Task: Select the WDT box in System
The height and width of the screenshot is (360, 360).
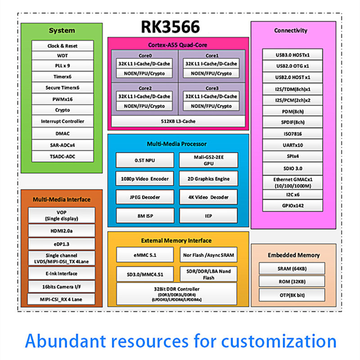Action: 63,56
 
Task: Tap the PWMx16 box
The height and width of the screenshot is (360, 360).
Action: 63,99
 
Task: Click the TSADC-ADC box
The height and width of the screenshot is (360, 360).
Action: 63,157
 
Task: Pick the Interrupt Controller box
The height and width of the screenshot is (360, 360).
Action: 63,121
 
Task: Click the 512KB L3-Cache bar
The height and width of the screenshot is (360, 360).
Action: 178,121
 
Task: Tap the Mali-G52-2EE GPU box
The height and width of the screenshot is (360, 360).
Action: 208,160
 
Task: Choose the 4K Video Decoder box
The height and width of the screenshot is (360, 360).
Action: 208,197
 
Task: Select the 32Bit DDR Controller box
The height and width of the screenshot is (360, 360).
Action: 177,293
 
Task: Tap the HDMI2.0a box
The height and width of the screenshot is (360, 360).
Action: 62,231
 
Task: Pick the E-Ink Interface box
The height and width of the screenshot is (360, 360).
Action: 62,274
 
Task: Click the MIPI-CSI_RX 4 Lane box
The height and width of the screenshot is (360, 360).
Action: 62,299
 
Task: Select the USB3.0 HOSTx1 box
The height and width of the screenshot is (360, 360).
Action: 293,55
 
